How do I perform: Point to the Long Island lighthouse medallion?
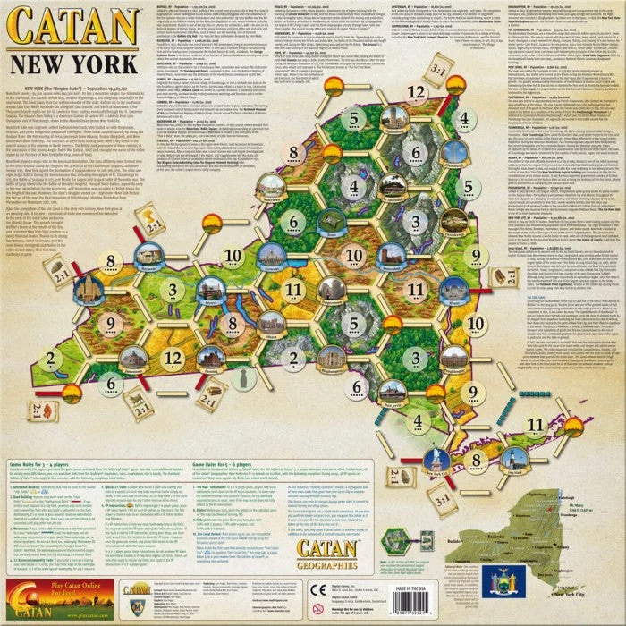(x=512, y=458)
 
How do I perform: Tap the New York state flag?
(x=496, y=583)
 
